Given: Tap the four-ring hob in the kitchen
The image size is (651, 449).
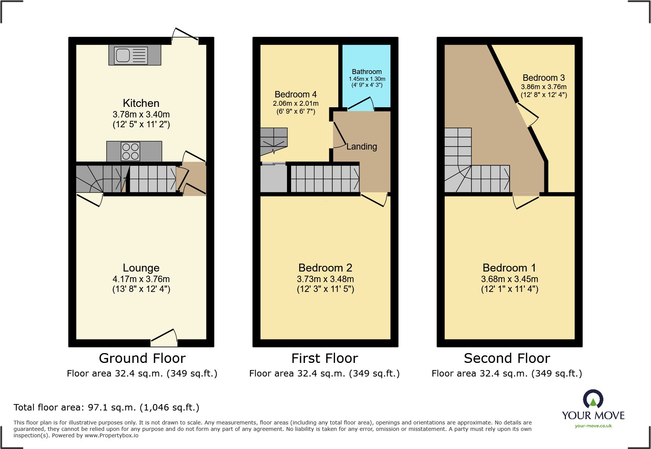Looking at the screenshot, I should (x=130, y=151).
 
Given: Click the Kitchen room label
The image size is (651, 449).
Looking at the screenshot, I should (x=141, y=103).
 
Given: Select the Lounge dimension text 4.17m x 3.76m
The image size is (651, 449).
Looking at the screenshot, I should (x=141, y=279).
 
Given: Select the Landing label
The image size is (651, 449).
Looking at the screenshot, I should (x=362, y=147).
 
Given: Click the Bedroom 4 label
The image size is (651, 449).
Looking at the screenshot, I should (x=296, y=94).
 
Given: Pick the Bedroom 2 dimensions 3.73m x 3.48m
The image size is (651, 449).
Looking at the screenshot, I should (x=325, y=279).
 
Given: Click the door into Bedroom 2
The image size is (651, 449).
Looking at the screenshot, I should (x=374, y=199).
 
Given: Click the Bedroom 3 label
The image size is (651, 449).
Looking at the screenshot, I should (x=544, y=78).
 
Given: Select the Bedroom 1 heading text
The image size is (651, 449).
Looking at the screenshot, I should (x=509, y=268).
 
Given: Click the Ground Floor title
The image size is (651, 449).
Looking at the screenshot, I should (x=142, y=358).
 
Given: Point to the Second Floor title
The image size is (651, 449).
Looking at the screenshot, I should (x=507, y=358).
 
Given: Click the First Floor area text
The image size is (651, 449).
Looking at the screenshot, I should (x=324, y=373).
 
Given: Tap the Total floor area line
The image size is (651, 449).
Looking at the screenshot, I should (x=106, y=407).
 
